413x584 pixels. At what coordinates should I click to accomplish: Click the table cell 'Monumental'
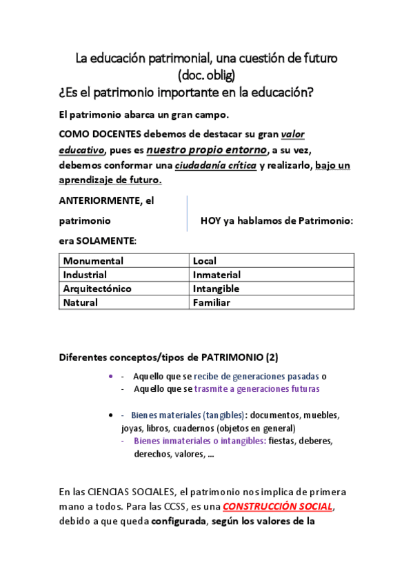pyautogui.click(x=93, y=261)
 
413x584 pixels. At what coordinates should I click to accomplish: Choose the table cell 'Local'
pyautogui.click(x=205, y=261)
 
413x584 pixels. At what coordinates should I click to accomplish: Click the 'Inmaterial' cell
pyautogui.click(x=216, y=275)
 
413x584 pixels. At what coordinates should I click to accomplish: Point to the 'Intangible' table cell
pyautogui.click(x=216, y=289)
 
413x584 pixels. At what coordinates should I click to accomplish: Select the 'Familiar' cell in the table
pyautogui.click(x=211, y=302)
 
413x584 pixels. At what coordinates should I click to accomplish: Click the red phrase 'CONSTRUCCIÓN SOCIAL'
pyautogui.click(x=278, y=506)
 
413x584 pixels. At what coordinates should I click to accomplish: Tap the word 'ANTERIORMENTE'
pyautogui.click(x=99, y=201)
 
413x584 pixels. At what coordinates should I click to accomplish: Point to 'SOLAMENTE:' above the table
pyautogui.click(x=105, y=241)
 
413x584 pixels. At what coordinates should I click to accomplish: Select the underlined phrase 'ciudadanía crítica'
pyautogui.click(x=215, y=165)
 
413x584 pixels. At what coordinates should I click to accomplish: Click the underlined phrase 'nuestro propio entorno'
pyautogui.click(x=207, y=149)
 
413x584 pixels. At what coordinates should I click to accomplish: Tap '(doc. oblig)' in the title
pyautogui.click(x=206, y=74)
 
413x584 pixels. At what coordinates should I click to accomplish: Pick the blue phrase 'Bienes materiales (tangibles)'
pyautogui.click(x=188, y=415)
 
